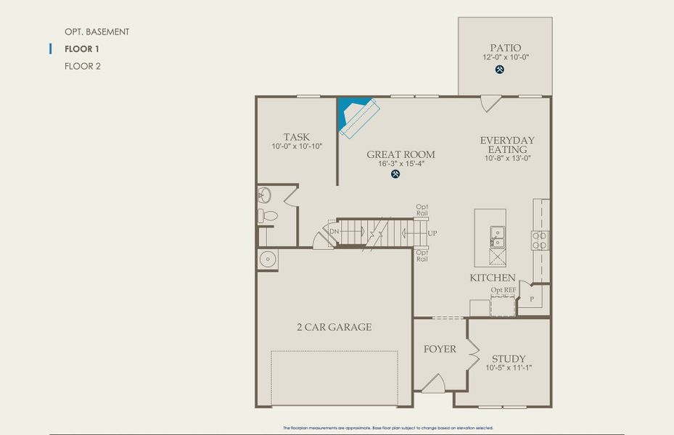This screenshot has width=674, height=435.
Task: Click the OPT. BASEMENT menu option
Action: (96, 32)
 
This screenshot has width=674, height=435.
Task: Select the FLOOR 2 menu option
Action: (83, 66)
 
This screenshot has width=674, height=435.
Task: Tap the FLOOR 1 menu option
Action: (82, 49)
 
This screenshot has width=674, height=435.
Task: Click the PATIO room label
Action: (505, 48)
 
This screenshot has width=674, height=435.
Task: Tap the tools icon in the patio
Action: (500, 70)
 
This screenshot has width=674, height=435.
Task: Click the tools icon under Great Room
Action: (395, 174)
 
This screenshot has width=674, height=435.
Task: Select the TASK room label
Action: (296, 137)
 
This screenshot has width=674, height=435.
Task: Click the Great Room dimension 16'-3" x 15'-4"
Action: (400, 164)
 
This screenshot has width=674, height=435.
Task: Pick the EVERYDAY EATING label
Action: (507, 144)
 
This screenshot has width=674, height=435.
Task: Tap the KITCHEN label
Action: (493, 278)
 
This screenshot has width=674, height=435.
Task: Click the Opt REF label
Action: (503, 290)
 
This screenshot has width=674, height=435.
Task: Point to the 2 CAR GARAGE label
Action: (334, 327)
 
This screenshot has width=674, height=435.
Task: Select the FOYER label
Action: (440, 349)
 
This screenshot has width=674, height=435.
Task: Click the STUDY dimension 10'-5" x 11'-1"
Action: (509, 368)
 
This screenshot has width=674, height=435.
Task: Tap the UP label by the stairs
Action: (432, 233)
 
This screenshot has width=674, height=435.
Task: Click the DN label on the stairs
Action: (334, 231)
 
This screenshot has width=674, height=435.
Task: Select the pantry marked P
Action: (532, 299)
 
